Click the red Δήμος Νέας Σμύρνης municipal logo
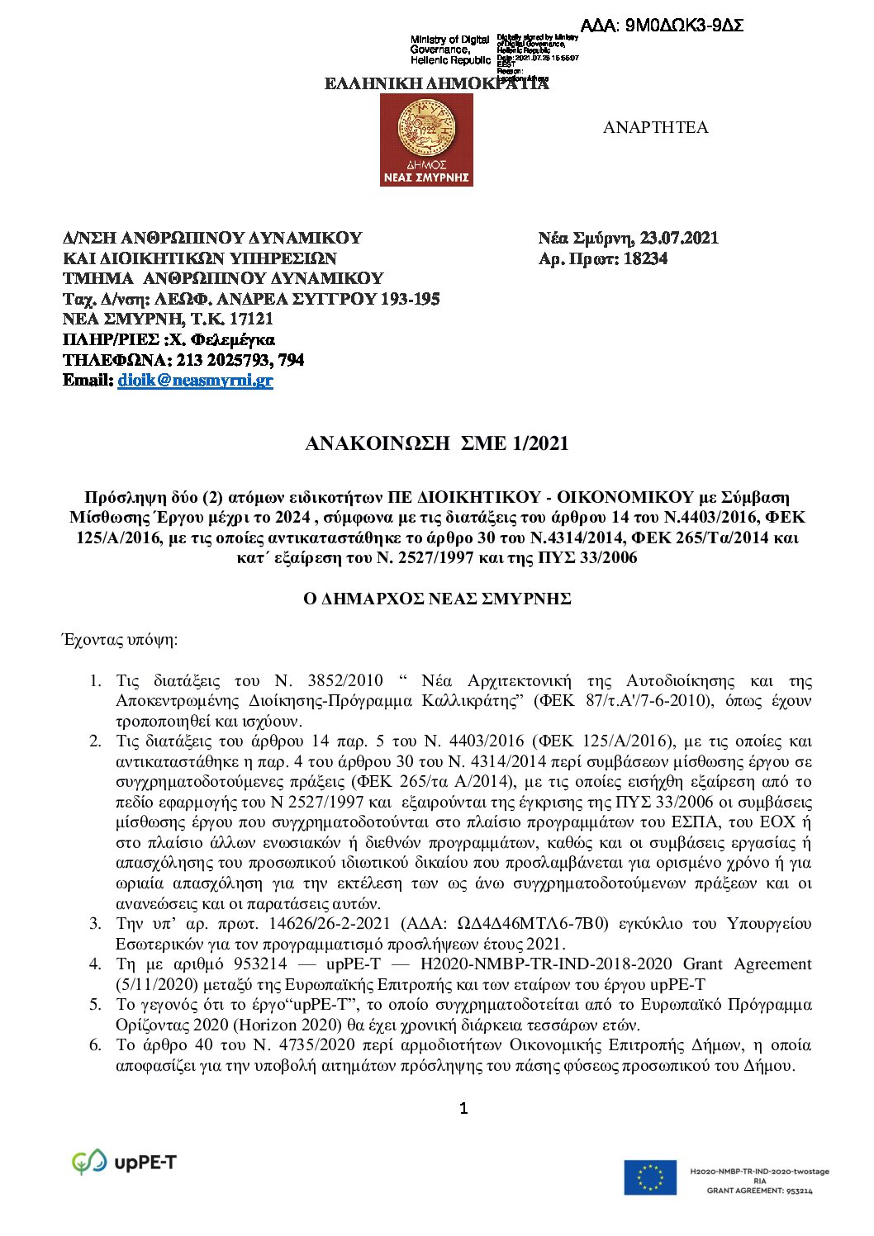[426, 140]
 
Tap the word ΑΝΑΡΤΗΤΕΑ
[655, 127]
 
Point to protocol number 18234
[645, 258]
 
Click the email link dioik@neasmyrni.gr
[195, 381]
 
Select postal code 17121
[250, 319]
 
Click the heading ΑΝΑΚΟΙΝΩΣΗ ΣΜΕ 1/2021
[436, 443]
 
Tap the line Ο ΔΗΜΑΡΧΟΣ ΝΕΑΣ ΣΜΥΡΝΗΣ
[437, 599]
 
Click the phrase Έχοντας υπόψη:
[120, 640]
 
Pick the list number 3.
[96, 923]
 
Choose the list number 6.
[96, 1045]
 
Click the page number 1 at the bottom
[463, 1108]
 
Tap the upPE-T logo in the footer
[125, 1163]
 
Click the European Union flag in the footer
[650, 1177]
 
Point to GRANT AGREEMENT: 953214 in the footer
[759, 1191]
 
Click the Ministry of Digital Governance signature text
[449, 50]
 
